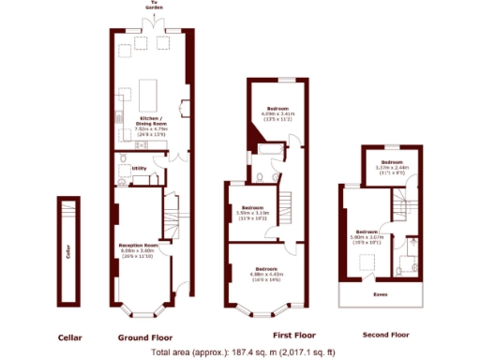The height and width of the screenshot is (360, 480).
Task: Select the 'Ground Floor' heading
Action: coord(145,336)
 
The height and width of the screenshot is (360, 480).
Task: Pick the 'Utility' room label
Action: coord(139,169)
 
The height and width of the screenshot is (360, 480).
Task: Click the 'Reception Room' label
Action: coord(137,246)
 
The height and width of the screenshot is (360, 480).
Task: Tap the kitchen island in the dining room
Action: coord(150,95)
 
